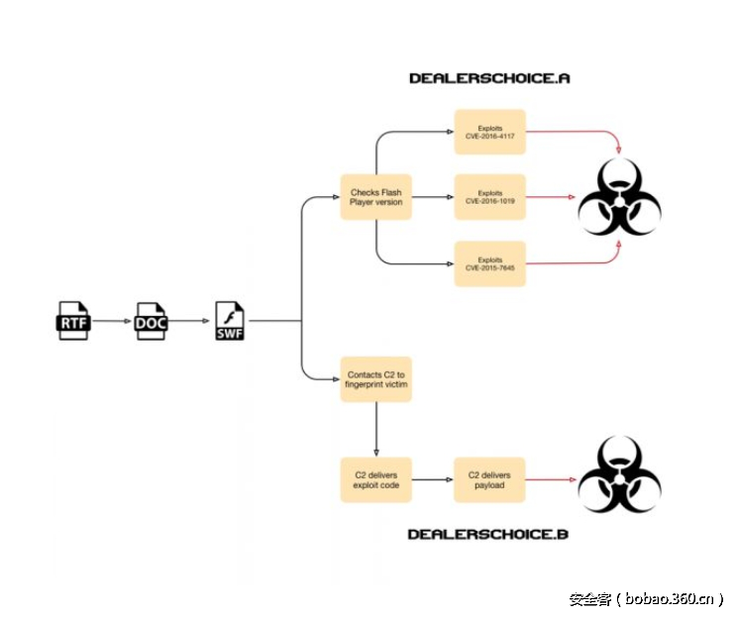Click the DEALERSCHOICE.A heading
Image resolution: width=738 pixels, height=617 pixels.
pyautogui.click(x=489, y=77)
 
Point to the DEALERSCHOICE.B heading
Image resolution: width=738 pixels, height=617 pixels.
pyautogui.click(x=488, y=535)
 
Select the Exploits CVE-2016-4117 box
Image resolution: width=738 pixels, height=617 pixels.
pyautogui.click(x=489, y=132)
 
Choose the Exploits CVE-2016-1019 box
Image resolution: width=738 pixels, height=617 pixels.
pyautogui.click(x=489, y=197)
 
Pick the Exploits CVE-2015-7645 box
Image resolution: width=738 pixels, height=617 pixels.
pyautogui.click(x=489, y=263)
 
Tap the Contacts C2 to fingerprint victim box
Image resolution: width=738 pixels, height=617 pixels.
pyautogui.click(x=376, y=380)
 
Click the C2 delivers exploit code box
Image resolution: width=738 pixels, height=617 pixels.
pyautogui.click(x=376, y=480)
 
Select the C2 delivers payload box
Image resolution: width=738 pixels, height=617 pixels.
pyautogui.click(x=489, y=480)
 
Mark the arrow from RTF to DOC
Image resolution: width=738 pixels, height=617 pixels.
pyautogui.click(x=112, y=322)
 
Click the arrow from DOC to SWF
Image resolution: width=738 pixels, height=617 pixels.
pyautogui.click(x=190, y=322)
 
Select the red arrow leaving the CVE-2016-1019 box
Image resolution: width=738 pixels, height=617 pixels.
pyautogui.click(x=550, y=197)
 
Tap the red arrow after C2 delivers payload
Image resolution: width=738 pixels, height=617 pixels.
pyautogui.click(x=550, y=480)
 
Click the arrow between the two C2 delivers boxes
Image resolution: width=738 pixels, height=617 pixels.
pyautogui.click(x=433, y=480)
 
